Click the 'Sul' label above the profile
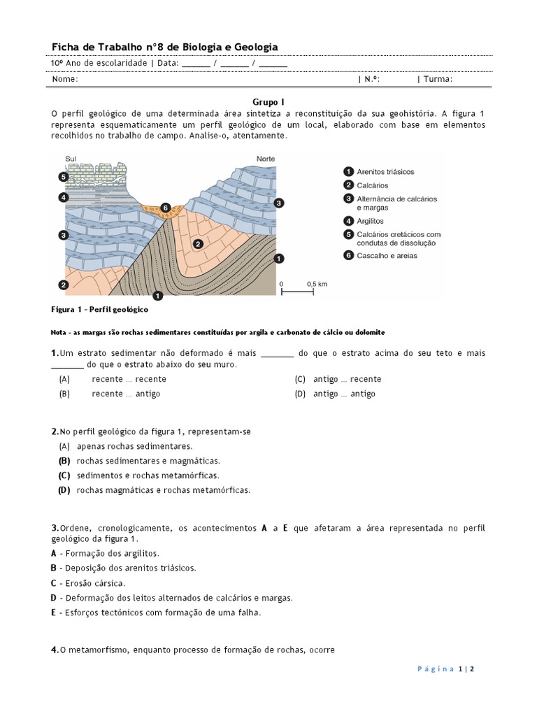pyautogui.click(x=71, y=159)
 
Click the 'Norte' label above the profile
pyautogui.click(x=266, y=159)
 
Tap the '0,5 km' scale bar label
pyautogui.click(x=317, y=284)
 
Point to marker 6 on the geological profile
pyautogui.click(x=166, y=208)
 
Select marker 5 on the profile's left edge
pyautogui.click(x=63, y=178)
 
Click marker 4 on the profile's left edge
pyautogui.click(x=63, y=198)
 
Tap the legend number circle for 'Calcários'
pyautogui.click(x=348, y=185)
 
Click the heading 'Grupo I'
pyautogui.click(x=268, y=101)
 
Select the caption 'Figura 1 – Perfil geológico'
pyautogui.click(x=100, y=308)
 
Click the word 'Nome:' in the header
pyautogui.click(x=65, y=79)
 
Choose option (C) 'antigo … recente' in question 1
pyautogui.click(x=338, y=379)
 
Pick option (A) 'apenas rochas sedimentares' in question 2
pyautogui.click(x=126, y=446)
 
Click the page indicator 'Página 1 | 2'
pyautogui.click(x=446, y=668)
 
